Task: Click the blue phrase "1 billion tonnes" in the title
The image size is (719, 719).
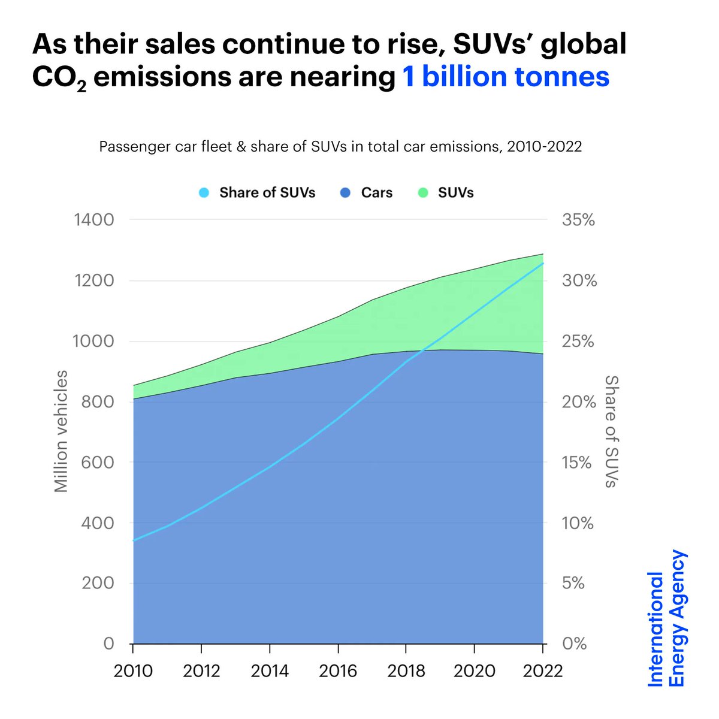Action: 506,77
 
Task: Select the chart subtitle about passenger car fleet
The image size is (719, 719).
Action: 340,147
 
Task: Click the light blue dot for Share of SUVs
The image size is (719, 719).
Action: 204,193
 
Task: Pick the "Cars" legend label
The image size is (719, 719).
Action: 377,193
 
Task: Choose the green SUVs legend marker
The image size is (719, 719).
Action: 424,193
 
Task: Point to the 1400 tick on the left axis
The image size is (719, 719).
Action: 93,220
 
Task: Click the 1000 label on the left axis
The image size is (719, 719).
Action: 93,342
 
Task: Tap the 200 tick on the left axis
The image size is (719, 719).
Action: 98,583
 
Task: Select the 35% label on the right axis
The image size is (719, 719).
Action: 578,220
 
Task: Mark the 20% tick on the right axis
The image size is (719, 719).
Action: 579,401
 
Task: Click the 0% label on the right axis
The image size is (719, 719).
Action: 574,644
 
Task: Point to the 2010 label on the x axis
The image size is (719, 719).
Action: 133,670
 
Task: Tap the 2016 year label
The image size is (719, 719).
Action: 338,670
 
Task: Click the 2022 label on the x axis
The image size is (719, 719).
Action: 543,670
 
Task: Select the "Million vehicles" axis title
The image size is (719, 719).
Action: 61,431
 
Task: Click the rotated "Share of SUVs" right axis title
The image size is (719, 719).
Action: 611,431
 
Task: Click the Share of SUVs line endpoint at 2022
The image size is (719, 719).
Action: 543,263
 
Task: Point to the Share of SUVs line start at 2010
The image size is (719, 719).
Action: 134,540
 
